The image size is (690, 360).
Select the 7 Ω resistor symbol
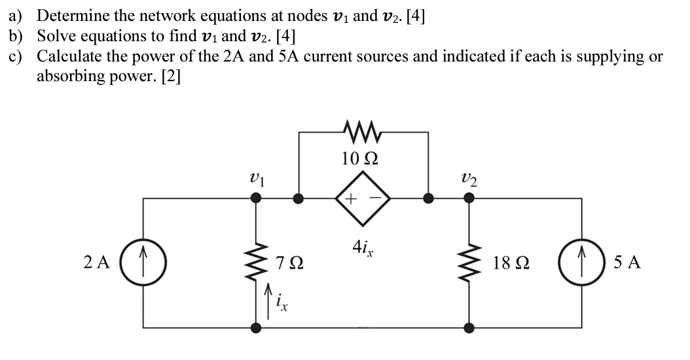255,262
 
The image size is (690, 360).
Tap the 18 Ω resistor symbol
469,262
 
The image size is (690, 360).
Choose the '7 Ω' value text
290,263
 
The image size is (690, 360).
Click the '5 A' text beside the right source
627,263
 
